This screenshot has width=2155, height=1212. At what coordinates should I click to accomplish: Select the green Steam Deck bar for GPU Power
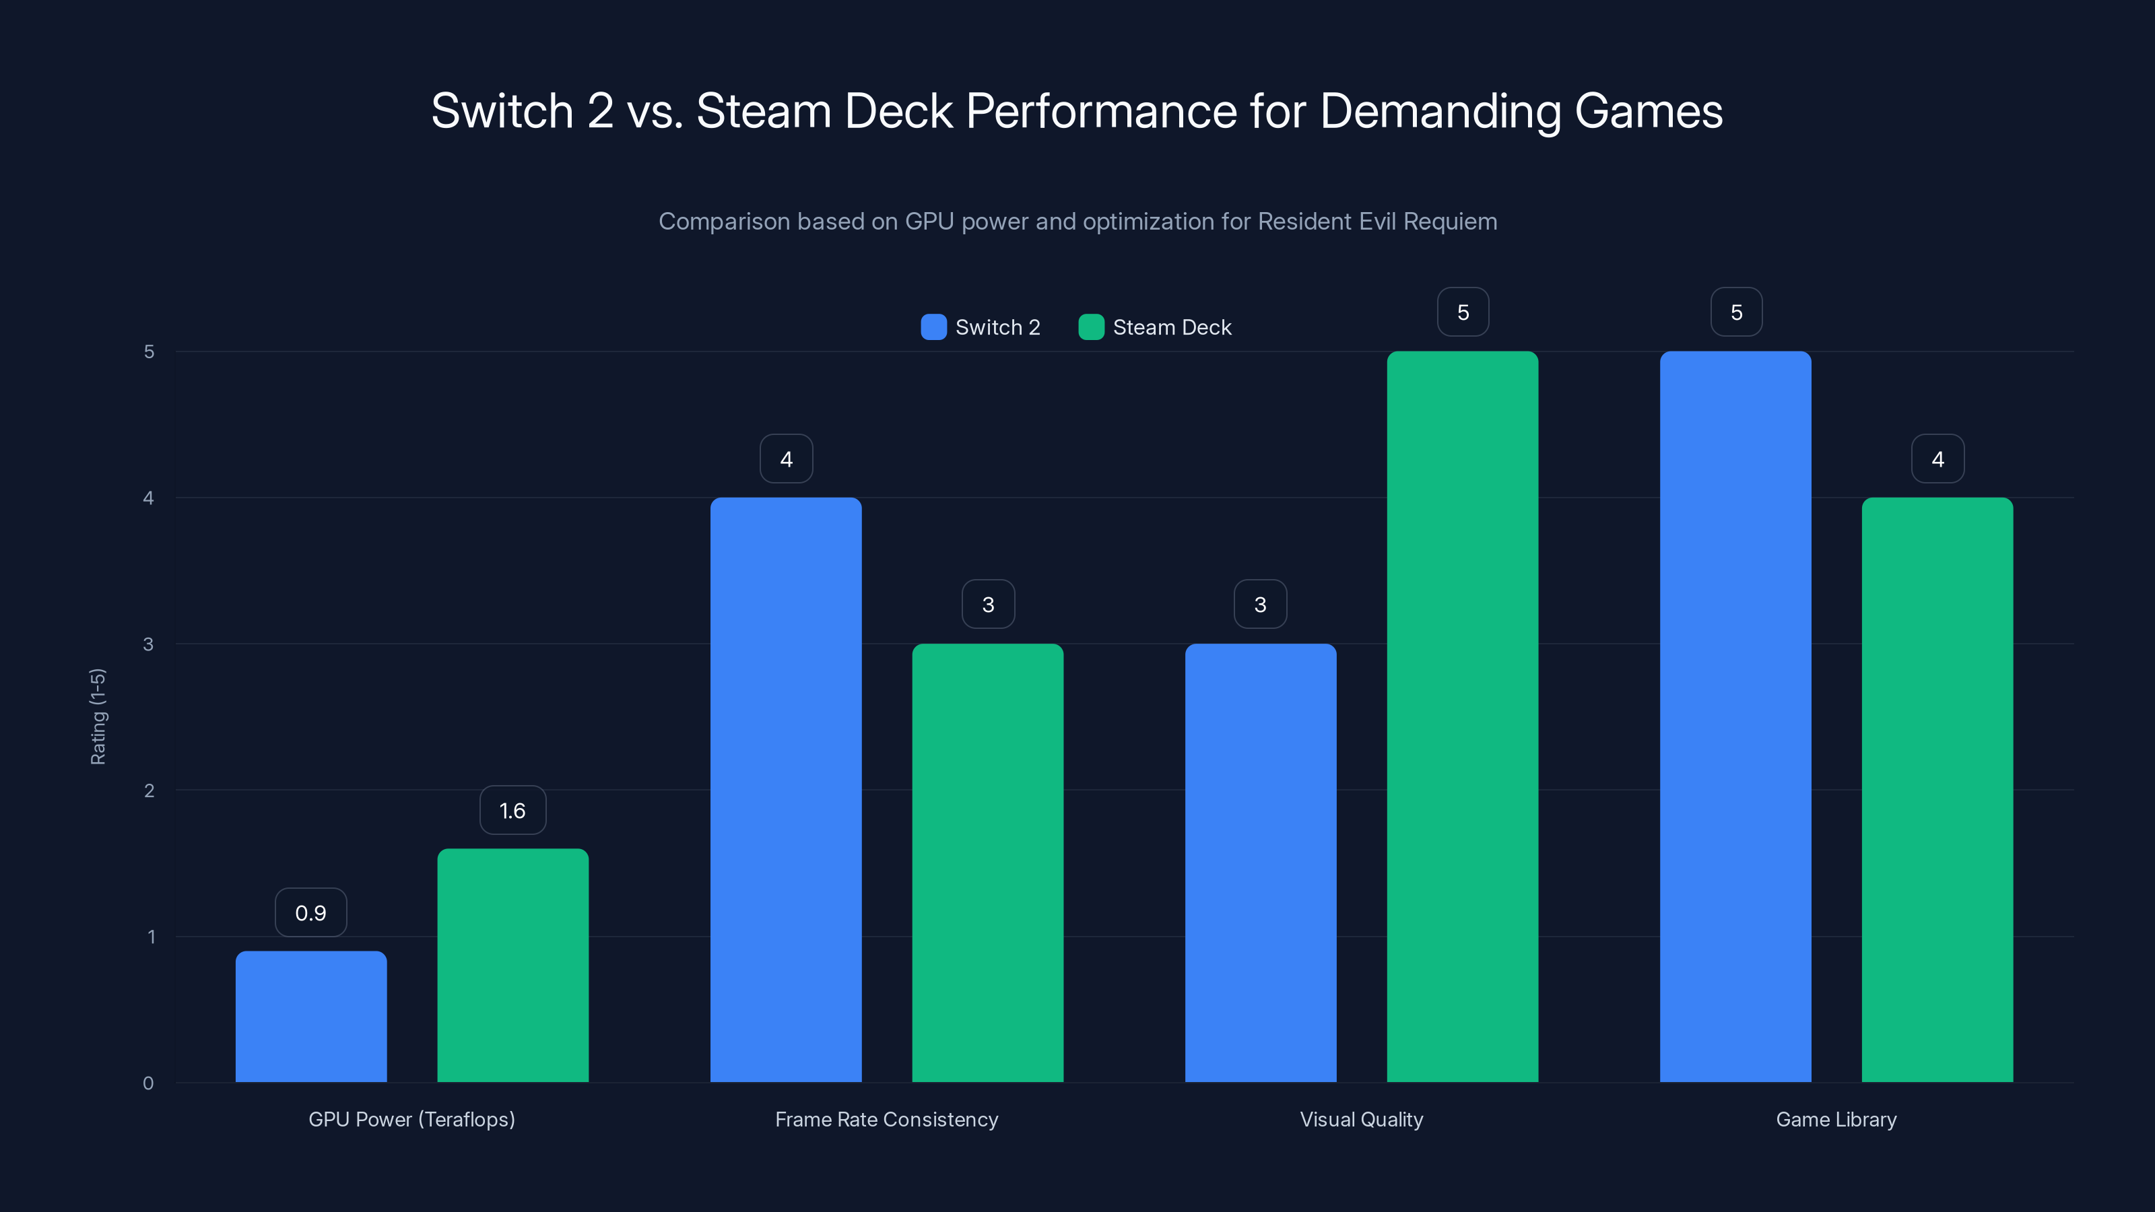tap(512, 966)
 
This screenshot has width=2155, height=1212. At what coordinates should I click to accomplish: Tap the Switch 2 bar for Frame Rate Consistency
tap(785, 790)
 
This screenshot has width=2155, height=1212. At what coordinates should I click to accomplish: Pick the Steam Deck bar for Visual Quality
tap(1462, 717)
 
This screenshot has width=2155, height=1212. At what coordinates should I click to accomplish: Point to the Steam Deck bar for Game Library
tap(1937, 790)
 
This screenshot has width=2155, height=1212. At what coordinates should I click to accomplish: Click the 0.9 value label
tap(310, 912)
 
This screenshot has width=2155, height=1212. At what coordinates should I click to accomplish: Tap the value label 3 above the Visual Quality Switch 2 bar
tap(1260, 604)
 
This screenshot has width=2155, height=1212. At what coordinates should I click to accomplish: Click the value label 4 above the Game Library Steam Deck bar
tap(1937, 459)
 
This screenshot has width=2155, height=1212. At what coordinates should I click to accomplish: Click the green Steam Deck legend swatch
tap(1091, 327)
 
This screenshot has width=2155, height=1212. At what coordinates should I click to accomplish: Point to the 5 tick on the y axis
tap(149, 351)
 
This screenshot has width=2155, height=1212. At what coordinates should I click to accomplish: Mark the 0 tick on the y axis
tap(148, 1083)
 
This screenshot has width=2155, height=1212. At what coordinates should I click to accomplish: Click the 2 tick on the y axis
tap(149, 790)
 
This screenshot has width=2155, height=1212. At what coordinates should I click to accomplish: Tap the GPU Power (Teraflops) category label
tap(411, 1119)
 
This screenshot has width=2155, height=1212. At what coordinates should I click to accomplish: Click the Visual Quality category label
tap(1361, 1119)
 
